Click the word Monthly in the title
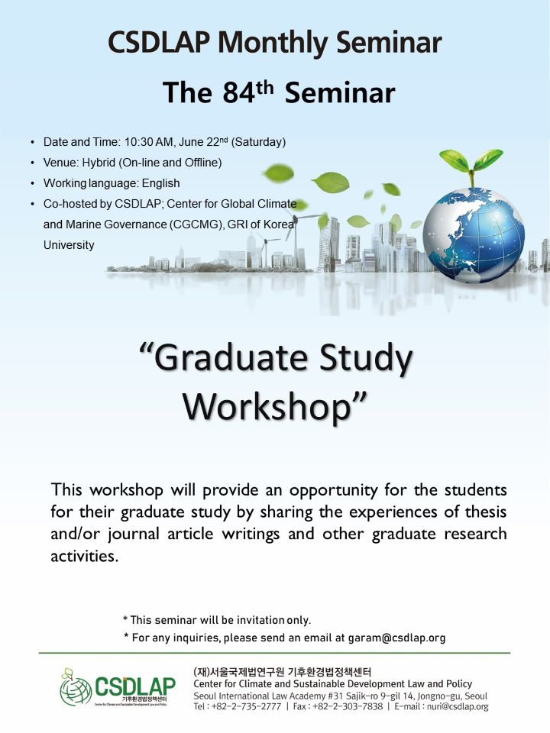coord(273,43)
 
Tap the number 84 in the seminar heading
coord(238,92)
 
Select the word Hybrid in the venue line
coord(99,163)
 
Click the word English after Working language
coord(161,183)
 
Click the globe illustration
coord(474,234)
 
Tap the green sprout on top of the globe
coord(471,165)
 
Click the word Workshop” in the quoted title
coord(274,407)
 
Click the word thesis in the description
coord(486,512)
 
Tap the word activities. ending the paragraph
coord(84,556)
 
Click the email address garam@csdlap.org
coord(396,638)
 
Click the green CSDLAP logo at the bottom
coord(118,686)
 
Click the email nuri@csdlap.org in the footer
coord(458,706)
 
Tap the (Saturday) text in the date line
coord(259,142)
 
